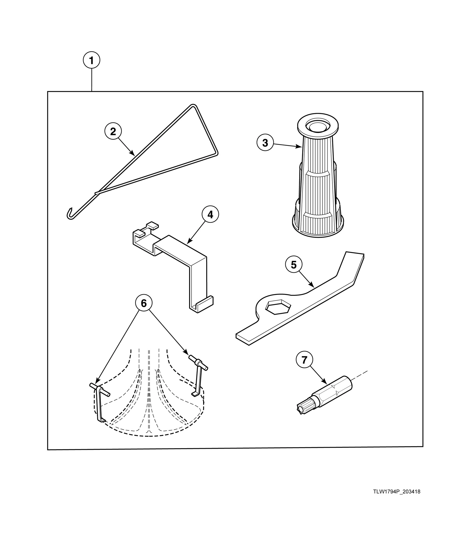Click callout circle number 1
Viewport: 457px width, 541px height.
tap(91, 61)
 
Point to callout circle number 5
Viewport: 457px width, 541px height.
tap(294, 265)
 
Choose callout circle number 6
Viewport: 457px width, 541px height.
tap(144, 303)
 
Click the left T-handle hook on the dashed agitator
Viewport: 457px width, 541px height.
tap(99, 390)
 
